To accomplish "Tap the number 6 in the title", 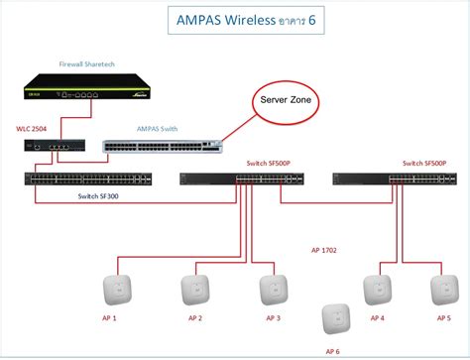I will pos(326,20).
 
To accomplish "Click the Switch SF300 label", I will pos(101,196).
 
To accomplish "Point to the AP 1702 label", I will pos(323,251).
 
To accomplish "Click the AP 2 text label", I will pos(194,318).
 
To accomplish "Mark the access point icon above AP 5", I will pos(442,289).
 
